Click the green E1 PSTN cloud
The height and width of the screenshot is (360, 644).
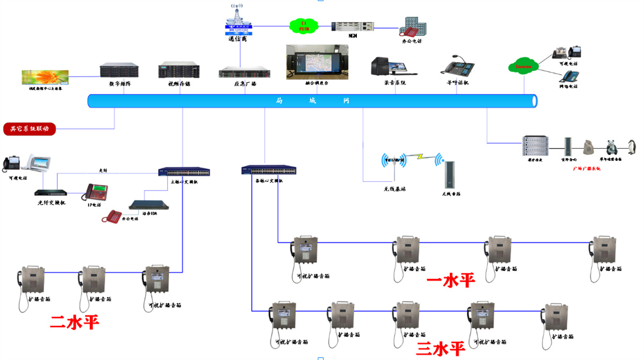click(303, 25)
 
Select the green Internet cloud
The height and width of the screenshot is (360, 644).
click(523, 67)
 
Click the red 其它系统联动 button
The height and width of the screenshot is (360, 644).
click(30, 129)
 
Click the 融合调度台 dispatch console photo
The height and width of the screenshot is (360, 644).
click(317, 62)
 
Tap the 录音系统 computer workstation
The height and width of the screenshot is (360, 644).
click(387, 67)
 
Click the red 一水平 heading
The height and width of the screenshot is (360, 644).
click(451, 280)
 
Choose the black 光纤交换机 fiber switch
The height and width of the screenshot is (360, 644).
click(51, 193)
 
